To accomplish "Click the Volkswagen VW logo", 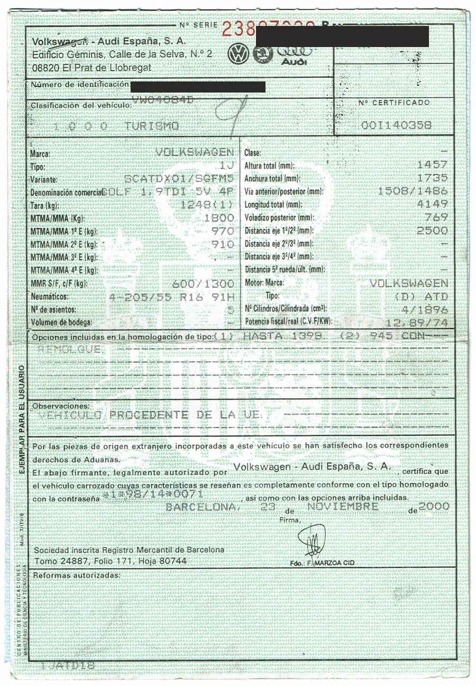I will tap(238, 54).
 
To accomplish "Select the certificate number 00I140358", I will tap(396, 125).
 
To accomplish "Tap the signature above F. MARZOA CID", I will tap(312, 541).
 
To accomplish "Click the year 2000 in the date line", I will tap(434, 506).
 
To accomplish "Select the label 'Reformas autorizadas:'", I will tap(76, 575).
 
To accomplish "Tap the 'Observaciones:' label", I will tap(60, 406).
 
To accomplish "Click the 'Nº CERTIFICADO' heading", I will tap(393, 103).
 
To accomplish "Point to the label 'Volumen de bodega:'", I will tap(62, 322).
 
